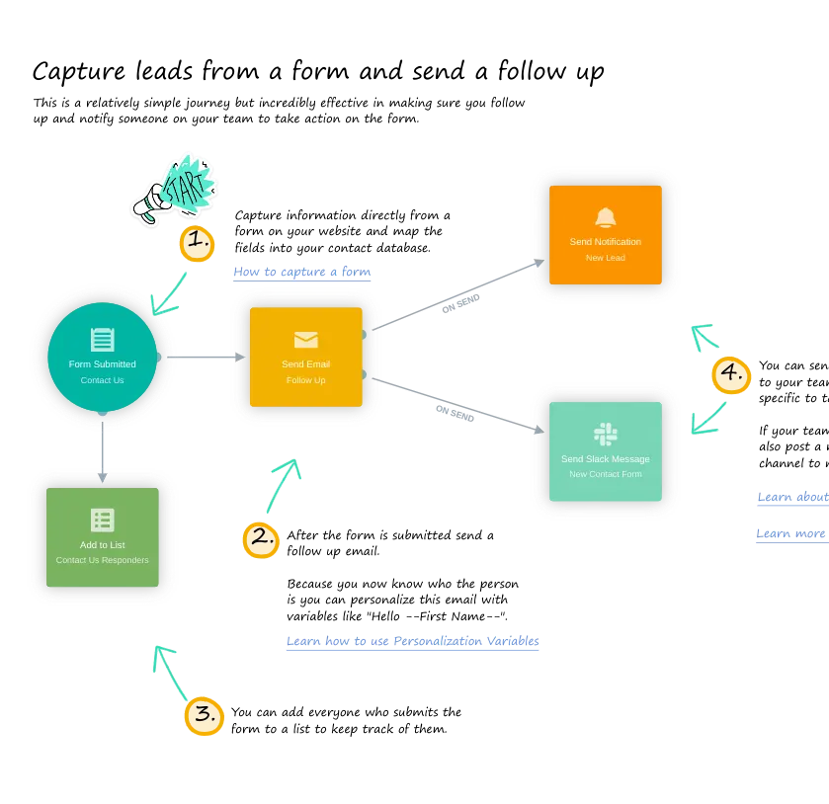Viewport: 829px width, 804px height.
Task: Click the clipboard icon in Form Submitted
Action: point(103,340)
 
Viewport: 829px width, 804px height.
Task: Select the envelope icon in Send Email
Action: point(306,340)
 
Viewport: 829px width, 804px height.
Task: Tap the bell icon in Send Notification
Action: point(606,217)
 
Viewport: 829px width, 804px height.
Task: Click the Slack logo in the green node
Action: point(606,434)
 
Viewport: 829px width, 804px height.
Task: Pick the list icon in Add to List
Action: point(103,520)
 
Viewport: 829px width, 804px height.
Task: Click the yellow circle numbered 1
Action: point(196,240)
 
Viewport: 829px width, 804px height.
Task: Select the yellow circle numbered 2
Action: point(262,538)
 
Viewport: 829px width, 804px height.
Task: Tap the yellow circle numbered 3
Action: point(205,714)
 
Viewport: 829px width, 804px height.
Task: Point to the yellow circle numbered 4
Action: point(731,373)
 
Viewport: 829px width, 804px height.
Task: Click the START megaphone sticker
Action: point(175,189)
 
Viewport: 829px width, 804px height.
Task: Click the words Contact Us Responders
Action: point(103,560)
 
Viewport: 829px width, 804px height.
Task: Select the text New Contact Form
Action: point(606,474)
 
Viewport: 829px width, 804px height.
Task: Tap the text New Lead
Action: point(606,258)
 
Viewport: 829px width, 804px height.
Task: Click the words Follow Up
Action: point(306,380)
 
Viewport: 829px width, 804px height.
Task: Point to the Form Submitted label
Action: point(103,364)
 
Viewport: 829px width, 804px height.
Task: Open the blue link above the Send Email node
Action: point(300,274)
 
